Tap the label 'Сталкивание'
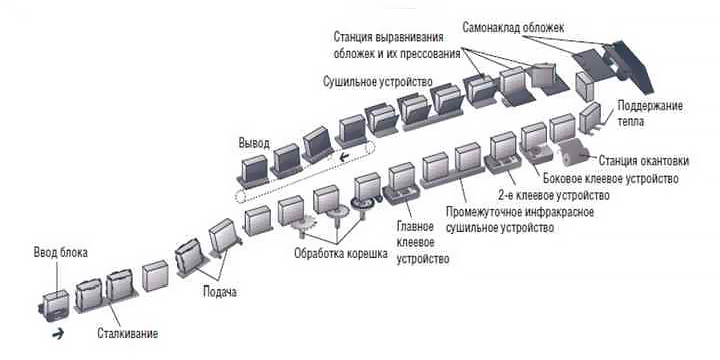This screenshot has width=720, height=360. coord(128,331)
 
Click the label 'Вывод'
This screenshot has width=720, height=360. coord(253,143)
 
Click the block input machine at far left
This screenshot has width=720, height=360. coord(53,303)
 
